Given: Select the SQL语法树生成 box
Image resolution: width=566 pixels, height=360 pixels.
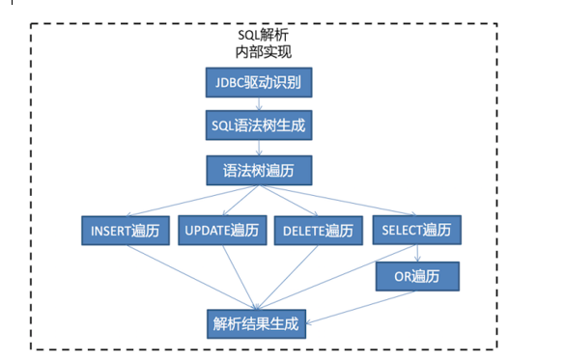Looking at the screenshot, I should tap(259, 125).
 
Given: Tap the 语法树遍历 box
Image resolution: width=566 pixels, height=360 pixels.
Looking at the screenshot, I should tap(259, 170).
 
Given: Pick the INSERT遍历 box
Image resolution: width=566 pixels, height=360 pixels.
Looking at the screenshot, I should tap(125, 232).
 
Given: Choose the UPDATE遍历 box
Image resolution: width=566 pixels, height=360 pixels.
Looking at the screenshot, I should tap(222, 232).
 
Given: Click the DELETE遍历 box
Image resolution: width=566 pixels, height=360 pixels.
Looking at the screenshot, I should tap(319, 232).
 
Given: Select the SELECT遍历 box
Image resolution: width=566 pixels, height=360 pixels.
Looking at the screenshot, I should tap(416, 232).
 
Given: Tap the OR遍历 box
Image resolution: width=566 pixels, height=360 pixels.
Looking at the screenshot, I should tap(416, 277).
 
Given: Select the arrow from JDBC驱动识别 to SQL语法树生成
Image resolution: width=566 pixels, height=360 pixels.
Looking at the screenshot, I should tap(259, 103).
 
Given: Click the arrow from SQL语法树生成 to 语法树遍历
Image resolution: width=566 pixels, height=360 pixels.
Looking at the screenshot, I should tap(259, 148).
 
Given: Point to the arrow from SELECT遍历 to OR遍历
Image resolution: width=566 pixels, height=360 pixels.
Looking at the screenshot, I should tap(416, 254).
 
